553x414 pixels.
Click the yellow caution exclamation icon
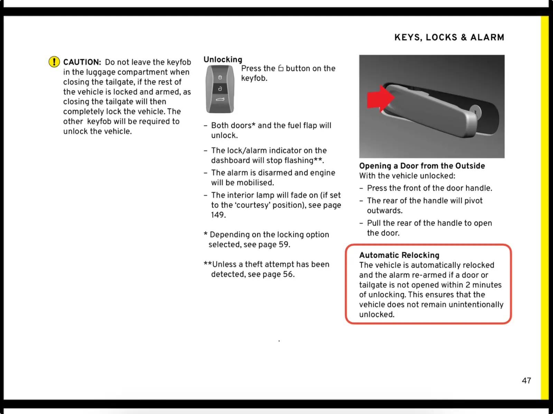point(54,62)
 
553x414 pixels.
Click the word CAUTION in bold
point(82,62)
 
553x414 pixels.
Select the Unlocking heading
point(223,59)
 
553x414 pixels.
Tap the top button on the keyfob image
point(220,77)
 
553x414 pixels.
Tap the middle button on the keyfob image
point(220,89)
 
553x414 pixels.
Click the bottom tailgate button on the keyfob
point(220,100)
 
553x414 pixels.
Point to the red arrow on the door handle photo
point(379,98)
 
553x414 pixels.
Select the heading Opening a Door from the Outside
point(422,166)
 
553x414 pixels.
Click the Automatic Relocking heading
point(399,255)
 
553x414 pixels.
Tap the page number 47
point(526,381)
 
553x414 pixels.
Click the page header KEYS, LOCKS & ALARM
point(449,37)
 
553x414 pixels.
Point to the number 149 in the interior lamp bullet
point(218,215)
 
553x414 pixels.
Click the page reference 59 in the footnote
point(283,244)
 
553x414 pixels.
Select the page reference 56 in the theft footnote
point(288,274)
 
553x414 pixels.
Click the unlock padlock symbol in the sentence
point(281,68)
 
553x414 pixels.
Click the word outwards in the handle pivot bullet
point(384,211)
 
